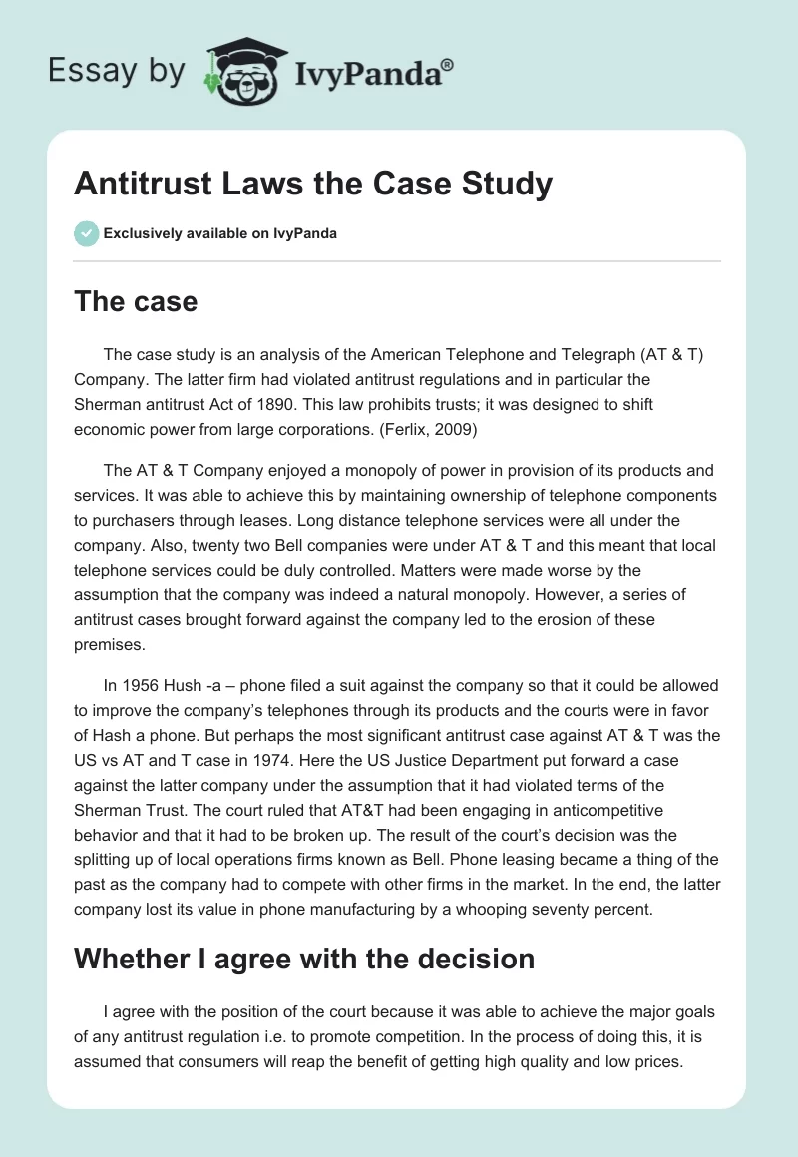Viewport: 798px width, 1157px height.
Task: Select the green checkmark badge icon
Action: tap(86, 233)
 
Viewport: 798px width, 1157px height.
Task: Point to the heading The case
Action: tap(136, 301)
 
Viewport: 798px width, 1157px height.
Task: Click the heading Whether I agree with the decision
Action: tap(304, 959)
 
